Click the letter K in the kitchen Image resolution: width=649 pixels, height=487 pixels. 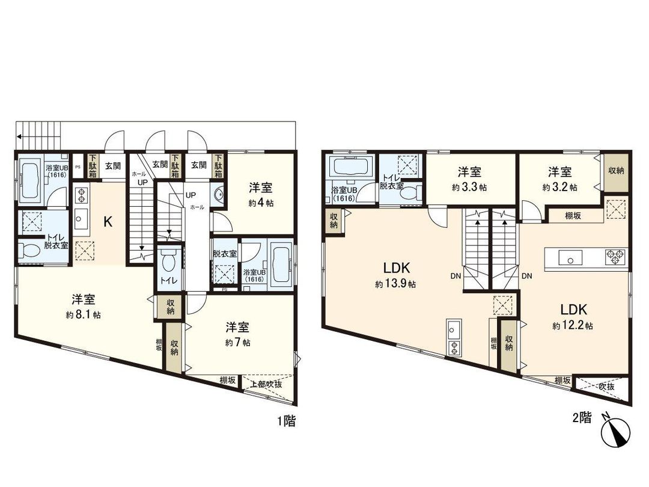click(108, 222)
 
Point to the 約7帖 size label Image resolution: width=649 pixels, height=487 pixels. click(238, 342)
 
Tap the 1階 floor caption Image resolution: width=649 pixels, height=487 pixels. click(286, 421)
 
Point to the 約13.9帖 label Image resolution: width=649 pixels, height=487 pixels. click(395, 284)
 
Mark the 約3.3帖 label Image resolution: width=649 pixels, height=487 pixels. click(469, 187)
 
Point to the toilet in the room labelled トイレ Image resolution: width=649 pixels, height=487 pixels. click(169, 260)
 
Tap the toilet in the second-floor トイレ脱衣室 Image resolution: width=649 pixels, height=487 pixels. click(412, 193)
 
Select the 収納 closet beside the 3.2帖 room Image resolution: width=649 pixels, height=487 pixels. click(616, 171)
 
